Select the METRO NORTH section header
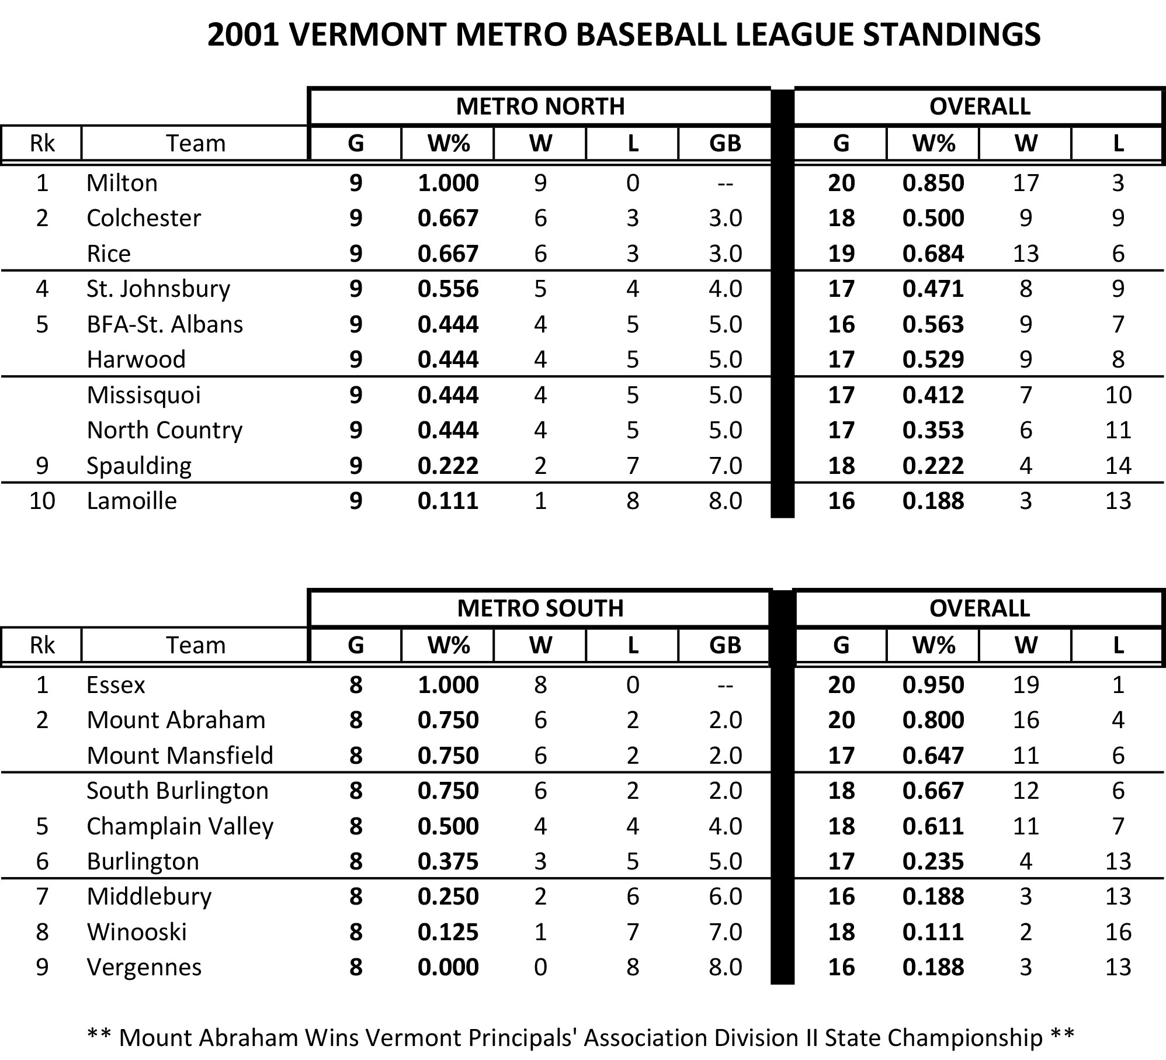[540, 106]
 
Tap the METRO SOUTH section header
[540, 608]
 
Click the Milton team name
[122, 183]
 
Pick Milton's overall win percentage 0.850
[933, 183]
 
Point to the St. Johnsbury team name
[158, 289]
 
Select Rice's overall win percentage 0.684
[933, 254]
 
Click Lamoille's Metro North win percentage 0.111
[448, 501]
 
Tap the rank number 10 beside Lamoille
[42, 501]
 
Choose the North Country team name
[164, 431]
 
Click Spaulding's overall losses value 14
[1118, 466]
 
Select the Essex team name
[116, 685]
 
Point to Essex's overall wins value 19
[1026, 685]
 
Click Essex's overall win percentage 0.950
[933, 685]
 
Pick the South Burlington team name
[178, 791]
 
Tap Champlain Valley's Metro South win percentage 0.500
[448, 826]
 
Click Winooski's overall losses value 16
[1118, 932]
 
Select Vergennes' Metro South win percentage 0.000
[448, 967]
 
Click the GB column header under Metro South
[725, 645]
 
